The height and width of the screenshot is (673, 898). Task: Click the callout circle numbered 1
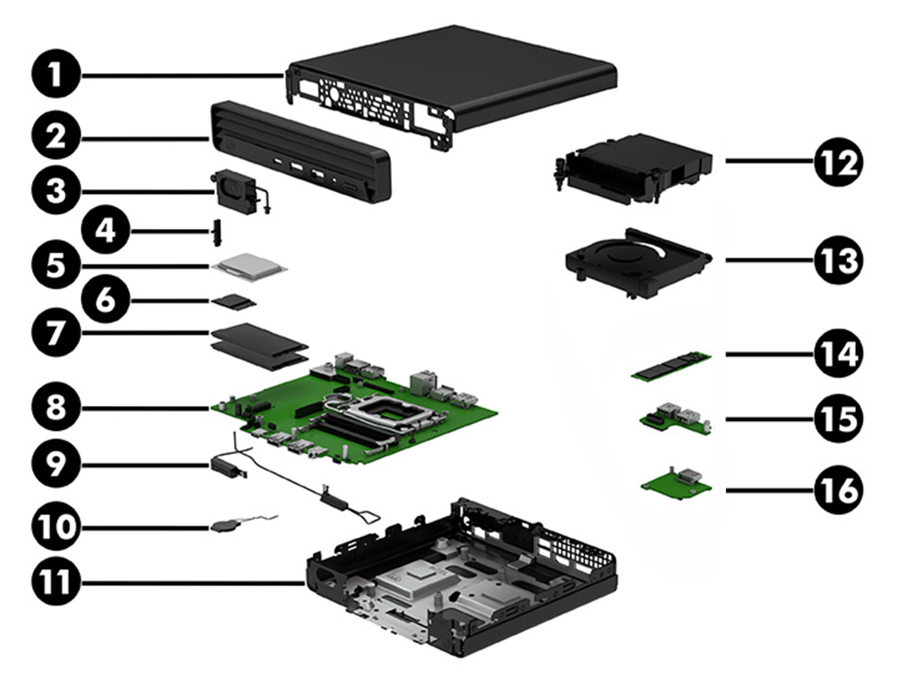pos(57,76)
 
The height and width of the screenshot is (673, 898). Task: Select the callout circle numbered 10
pos(57,526)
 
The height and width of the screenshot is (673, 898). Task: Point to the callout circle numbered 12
pos(838,161)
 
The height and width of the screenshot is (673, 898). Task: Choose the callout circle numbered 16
pos(838,490)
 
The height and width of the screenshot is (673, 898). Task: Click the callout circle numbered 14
pos(838,353)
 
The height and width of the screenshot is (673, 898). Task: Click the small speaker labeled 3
pos(234,190)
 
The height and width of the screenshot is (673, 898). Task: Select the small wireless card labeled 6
pos(233,301)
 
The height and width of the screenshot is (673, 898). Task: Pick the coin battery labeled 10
pos(222,526)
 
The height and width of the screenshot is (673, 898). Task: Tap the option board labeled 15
pos(674,420)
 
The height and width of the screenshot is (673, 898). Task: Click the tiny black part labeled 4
pos(219,232)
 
